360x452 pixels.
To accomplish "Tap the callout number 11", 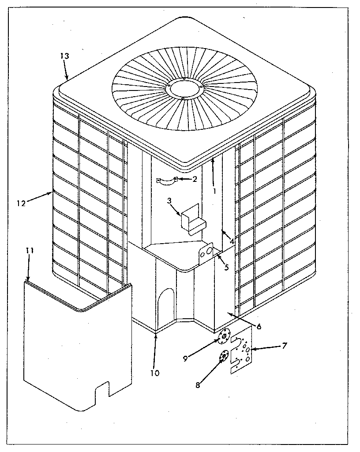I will coord(29,250).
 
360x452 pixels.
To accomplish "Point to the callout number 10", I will coord(154,373).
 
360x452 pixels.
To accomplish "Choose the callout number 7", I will coord(285,346).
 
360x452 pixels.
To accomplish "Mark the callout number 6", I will coord(259,327).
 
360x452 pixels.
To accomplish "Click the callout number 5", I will coord(226,267).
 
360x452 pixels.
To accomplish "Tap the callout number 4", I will coord(231,241).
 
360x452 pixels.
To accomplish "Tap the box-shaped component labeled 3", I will coord(192,219).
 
